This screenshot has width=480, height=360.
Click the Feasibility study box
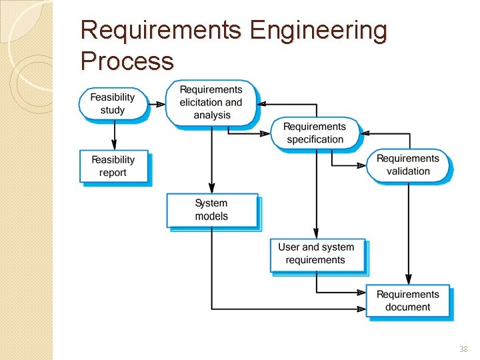pyautogui.click(x=113, y=103)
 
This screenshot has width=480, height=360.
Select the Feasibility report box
pyautogui.click(x=113, y=166)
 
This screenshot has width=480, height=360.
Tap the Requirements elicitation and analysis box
pyautogui.click(x=211, y=103)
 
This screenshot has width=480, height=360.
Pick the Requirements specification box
pyautogui.click(x=315, y=133)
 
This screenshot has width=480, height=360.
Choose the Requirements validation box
pyautogui.click(x=407, y=165)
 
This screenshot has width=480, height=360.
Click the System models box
pyautogui.click(x=211, y=209)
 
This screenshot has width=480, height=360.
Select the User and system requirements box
pyautogui.click(x=316, y=253)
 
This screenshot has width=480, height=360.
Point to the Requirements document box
pyautogui.click(x=407, y=301)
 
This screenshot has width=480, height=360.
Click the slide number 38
pyautogui.click(x=463, y=349)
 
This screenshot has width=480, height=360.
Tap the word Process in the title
pyautogui.click(x=127, y=61)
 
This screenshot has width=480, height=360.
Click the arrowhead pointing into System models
pyautogui.click(x=212, y=189)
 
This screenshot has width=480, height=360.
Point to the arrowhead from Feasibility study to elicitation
pyautogui.click(x=160, y=104)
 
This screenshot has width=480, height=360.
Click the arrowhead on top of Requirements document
pyautogui.click(x=408, y=280)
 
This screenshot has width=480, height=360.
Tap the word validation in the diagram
pyautogui.click(x=408, y=171)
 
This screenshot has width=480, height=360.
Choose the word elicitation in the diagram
pyautogui.click(x=201, y=103)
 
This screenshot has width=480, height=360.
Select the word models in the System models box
pyautogui.click(x=211, y=216)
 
